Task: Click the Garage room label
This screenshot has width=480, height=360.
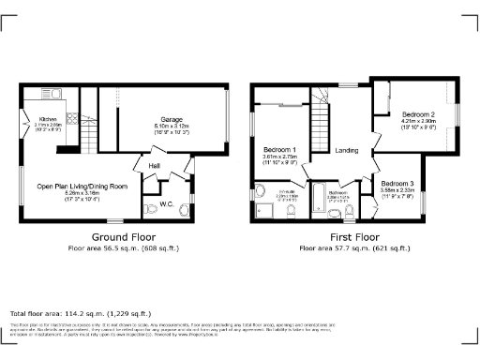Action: tap(170, 119)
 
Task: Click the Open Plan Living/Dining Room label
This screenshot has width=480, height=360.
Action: tap(82, 186)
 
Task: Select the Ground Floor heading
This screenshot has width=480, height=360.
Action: tap(123, 237)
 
